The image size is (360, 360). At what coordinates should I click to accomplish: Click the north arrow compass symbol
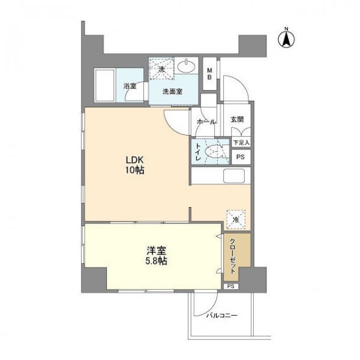click(286, 39)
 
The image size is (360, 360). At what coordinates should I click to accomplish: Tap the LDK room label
click(134, 160)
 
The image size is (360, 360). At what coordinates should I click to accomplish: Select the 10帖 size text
click(134, 170)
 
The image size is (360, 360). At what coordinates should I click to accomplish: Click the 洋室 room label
click(157, 251)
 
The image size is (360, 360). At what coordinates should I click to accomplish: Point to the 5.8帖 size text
click(157, 261)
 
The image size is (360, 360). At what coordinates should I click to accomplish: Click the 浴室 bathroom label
click(130, 86)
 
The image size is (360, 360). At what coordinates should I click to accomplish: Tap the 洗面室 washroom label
click(173, 92)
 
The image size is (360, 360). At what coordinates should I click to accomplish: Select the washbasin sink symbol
click(187, 67)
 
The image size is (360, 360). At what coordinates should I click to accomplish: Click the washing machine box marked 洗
click(162, 68)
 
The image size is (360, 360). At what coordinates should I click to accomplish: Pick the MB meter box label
click(209, 73)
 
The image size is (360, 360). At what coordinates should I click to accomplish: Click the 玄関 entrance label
click(237, 119)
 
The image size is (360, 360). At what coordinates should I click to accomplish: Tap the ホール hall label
click(206, 122)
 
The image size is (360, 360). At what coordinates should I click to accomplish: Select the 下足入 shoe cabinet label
click(241, 143)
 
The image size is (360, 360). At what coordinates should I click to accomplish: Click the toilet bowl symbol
click(214, 152)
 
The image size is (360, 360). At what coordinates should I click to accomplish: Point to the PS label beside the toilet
click(241, 157)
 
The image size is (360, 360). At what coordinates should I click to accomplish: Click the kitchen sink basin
click(234, 176)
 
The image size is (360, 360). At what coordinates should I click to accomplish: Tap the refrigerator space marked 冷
click(236, 220)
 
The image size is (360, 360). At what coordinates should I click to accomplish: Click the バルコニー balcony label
click(221, 316)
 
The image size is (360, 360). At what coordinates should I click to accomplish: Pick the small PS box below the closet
click(231, 286)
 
